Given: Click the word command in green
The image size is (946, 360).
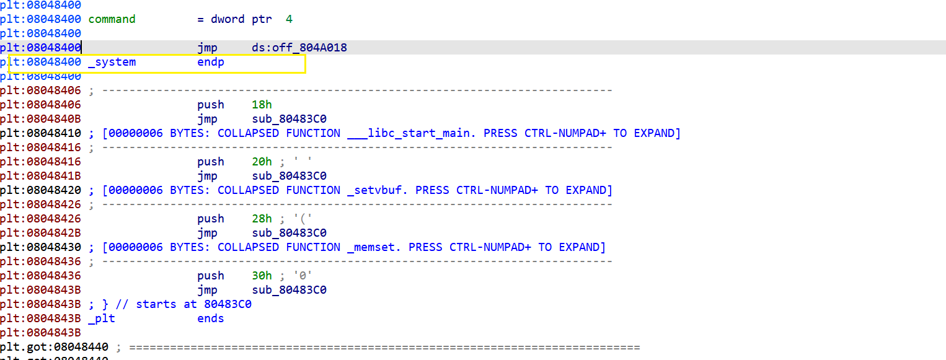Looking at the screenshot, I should [x=112, y=19].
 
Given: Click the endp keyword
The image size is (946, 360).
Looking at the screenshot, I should [x=211, y=62].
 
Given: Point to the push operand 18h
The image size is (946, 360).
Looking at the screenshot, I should [x=262, y=105].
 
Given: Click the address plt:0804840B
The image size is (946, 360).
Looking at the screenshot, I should [x=40, y=119].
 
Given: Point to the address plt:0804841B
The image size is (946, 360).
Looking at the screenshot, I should [x=40, y=176].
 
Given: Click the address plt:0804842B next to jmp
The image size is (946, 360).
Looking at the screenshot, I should [x=40, y=233].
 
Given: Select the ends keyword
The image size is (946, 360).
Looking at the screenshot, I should [x=211, y=318].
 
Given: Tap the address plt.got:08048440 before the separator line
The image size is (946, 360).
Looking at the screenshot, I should [x=54, y=347].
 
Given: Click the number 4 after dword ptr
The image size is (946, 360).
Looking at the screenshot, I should [x=289, y=19].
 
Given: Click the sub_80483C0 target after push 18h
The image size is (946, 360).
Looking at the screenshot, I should [x=289, y=119].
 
